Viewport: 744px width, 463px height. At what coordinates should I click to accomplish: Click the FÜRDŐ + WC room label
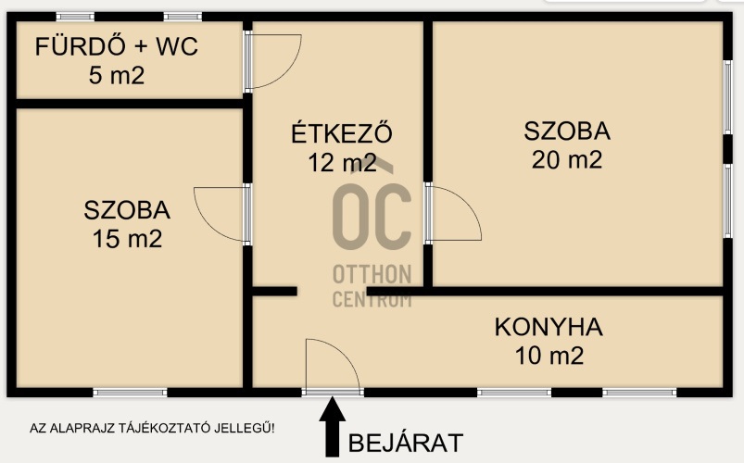coord(116,46)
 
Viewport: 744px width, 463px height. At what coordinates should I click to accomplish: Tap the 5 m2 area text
coord(117,75)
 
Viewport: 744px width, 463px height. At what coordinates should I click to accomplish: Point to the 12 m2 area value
coord(342,163)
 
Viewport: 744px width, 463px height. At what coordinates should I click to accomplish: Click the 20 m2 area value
coord(567,159)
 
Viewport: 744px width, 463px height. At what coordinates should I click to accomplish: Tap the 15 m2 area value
coord(127,239)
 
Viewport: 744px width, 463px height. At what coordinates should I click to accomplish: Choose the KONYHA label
coord(549,327)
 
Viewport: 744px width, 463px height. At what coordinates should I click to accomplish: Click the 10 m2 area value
coord(549,356)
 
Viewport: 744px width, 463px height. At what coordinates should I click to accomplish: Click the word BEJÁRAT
coord(406,443)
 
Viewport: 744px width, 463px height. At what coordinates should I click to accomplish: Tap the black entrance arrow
coord(332,427)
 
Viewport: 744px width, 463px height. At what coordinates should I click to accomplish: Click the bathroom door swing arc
coord(288,71)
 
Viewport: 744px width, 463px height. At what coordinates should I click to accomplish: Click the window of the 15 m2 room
coord(130,393)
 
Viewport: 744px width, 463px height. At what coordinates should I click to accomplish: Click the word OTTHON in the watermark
coord(372,274)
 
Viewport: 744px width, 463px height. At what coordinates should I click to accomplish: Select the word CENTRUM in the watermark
coord(372,299)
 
